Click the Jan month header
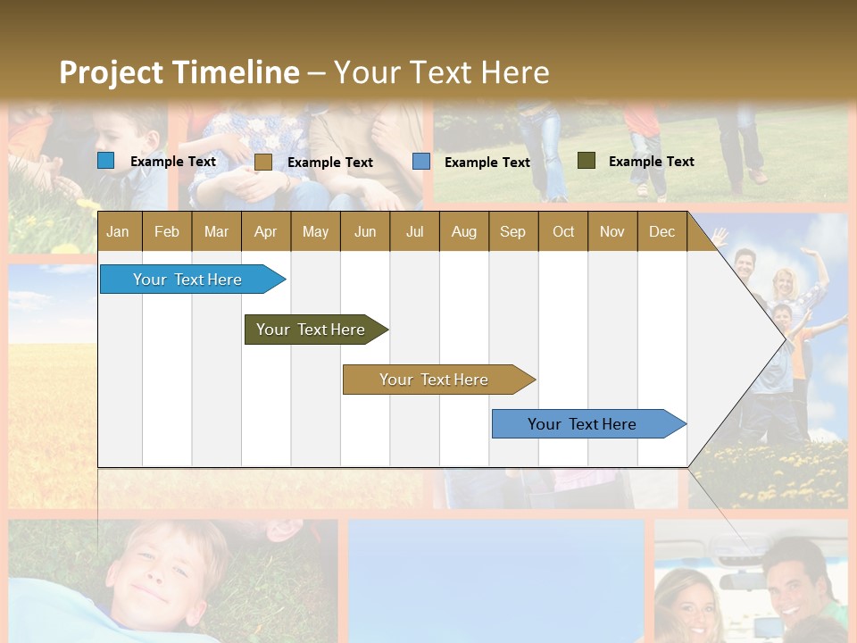(x=118, y=231)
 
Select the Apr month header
(x=265, y=231)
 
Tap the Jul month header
(x=414, y=231)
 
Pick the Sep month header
(x=512, y=231)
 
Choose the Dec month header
(x=661, y=231)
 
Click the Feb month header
(x=167, y=231)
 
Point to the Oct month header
(x=563, y=231)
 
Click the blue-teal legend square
(x=106, y=161)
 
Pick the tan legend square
(x=262, y=162)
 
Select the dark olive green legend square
(x=586, y=161)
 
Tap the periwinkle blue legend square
(x=421, y=162)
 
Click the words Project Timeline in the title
(x=179, y=72)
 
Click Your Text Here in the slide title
(x=441, y=72)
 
